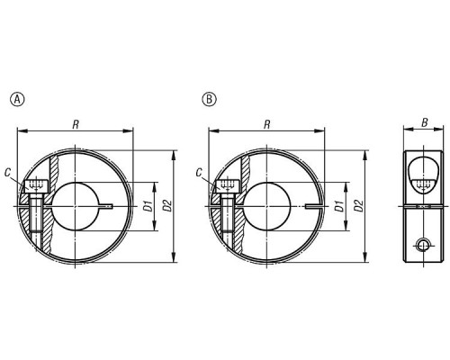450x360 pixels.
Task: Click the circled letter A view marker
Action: coord(17,99)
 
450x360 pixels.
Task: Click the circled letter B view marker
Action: coord(210,99)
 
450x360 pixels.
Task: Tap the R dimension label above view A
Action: coord(76,124)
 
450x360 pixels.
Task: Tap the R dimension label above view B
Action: coord(267,124)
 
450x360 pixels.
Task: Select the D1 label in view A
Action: coord(148,206)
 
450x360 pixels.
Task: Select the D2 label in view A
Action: coord(168,206)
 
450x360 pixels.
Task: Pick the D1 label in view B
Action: coord(339,206)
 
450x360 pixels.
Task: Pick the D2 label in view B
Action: coord(360,206)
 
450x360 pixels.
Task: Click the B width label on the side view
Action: coord(425,122)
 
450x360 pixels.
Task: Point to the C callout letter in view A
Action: coord(8,173)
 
